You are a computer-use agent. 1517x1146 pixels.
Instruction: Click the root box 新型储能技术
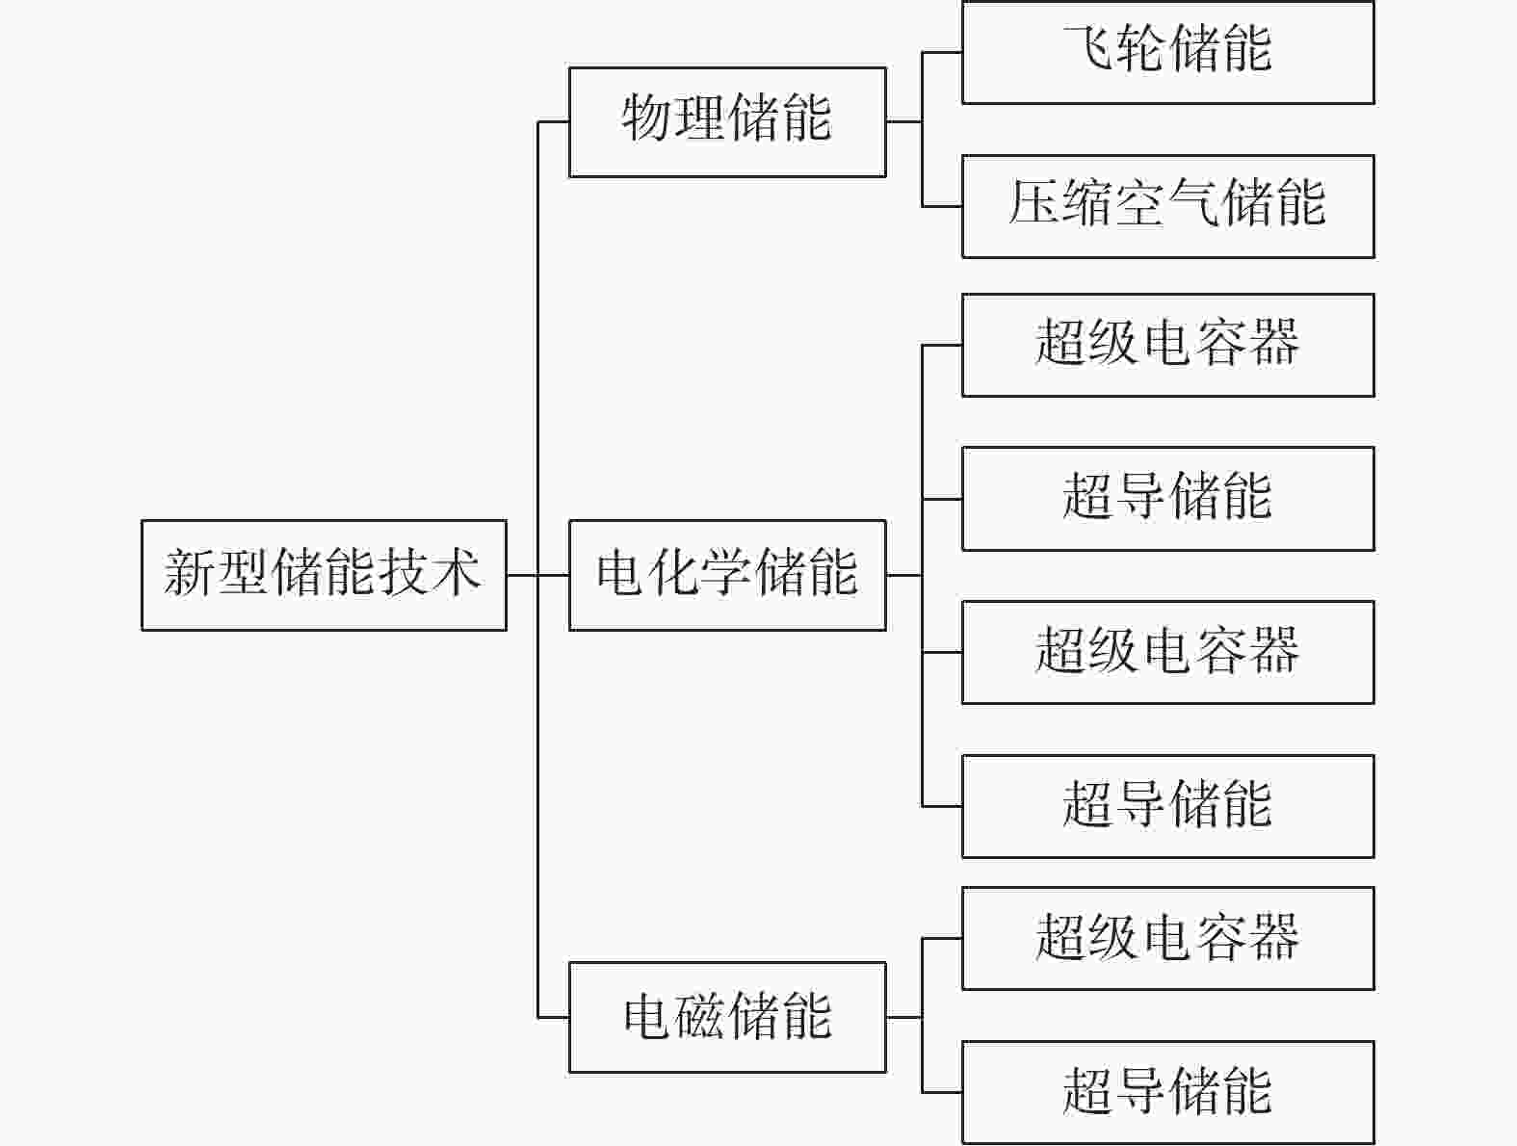click(324, 575)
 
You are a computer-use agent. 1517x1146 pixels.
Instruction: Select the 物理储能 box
click(727, 121)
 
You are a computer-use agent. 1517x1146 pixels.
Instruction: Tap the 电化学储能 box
click(727, 575)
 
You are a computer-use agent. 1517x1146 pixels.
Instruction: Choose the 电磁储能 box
click(727, 1017)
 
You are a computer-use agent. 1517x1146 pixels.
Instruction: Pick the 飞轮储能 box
click(1168, 52)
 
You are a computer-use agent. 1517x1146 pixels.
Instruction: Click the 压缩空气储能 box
click(1168, 206)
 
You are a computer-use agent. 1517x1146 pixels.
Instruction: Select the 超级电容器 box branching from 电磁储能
click(1168, 939)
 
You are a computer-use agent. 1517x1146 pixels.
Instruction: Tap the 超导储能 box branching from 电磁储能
click(1168, 1093)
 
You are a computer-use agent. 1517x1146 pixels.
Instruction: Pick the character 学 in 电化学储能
click(727, 573)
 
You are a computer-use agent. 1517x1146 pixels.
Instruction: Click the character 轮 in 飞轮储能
click(1141, 48)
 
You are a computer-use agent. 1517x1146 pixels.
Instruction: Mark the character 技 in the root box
click(403, 573)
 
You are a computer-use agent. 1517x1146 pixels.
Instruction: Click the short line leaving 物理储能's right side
click(904, 121)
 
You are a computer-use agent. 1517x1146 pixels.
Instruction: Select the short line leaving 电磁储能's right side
click(904, 1017)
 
